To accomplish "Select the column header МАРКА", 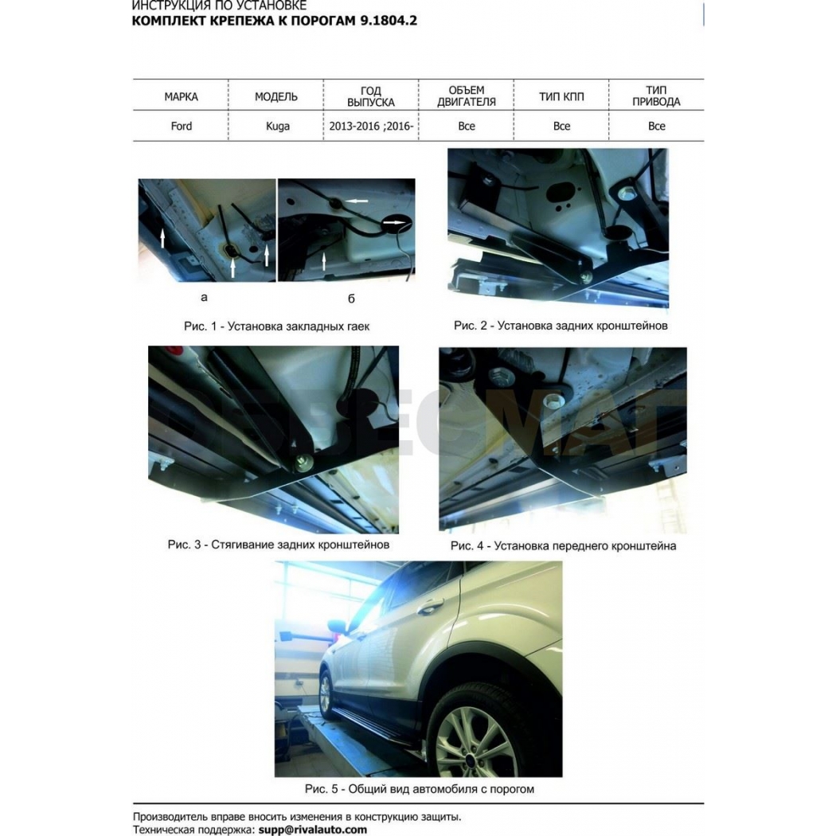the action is click(x=181, y=96).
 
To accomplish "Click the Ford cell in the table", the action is click(x=182, y=127).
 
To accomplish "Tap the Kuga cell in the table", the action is click(x=278, y=127).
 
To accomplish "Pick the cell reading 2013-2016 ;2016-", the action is click(x=371, y=127).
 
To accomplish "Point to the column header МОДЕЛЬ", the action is click(x=276, y=96).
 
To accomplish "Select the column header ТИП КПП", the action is click(x=561, y=96).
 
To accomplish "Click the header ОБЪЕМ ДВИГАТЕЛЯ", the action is click(x=467, y=96).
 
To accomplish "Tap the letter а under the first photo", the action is click(x=204, y=298).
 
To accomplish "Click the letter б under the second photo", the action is click(x=351, y=299).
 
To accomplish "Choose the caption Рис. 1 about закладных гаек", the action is click(x=277, y=326).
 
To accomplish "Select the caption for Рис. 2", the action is click(x=561, y=325).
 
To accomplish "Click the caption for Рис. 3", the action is click(x=279, y=545).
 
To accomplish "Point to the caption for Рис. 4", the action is click(x=564, y=546).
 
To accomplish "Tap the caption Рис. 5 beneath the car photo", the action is click(x=420, y=789).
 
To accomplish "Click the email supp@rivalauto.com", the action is click(x=313, y=830).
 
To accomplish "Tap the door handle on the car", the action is click(x=430, y=606).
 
